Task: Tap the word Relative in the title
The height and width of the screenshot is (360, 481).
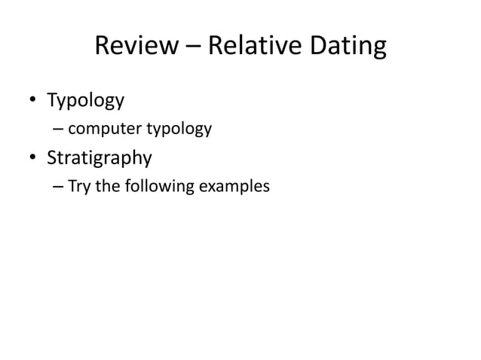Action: coord(253,47)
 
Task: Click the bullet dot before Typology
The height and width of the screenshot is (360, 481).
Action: coord(32,101)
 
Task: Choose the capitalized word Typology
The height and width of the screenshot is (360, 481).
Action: coord(85,100)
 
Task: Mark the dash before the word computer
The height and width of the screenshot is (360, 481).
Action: coord(58,130)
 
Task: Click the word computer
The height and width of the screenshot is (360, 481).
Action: coord(105,130)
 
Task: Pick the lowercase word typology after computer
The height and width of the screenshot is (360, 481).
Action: coord(179,130)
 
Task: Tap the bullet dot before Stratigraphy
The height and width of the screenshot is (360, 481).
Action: coord(32,160)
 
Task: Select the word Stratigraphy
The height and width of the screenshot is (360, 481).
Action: coord(100,160)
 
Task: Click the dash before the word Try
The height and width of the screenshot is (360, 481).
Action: coord(58,185)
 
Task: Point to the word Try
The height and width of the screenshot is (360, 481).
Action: coord(81,185)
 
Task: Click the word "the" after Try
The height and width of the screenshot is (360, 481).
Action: coord(109,185)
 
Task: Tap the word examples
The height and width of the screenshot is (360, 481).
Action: coord(232,185)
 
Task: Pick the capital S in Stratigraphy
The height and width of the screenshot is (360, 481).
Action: coord(53,158)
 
